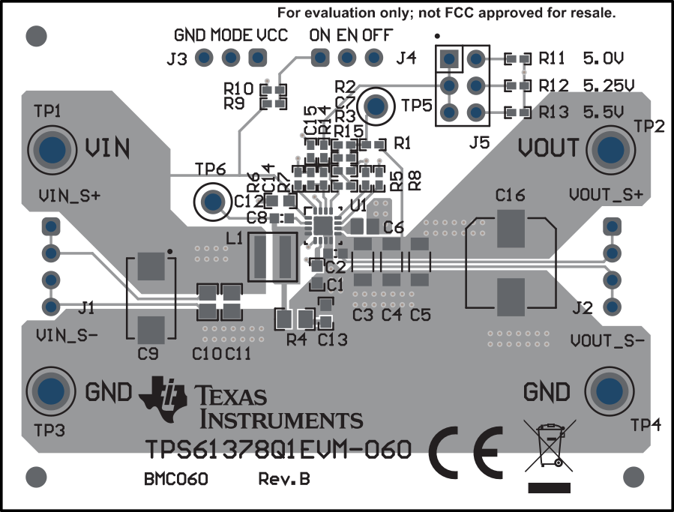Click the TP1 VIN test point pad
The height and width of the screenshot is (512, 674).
[51, 148]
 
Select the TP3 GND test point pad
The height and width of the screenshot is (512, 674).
[51, 391]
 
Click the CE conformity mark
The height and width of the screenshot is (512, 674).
[466, 454]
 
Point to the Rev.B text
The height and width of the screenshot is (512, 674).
[284, 479]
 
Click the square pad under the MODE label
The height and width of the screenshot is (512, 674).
[257, 57]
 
